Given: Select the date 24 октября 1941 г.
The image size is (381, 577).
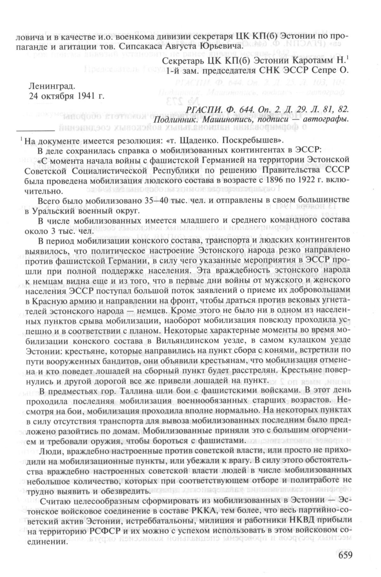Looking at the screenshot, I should click(x=66, y=95).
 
